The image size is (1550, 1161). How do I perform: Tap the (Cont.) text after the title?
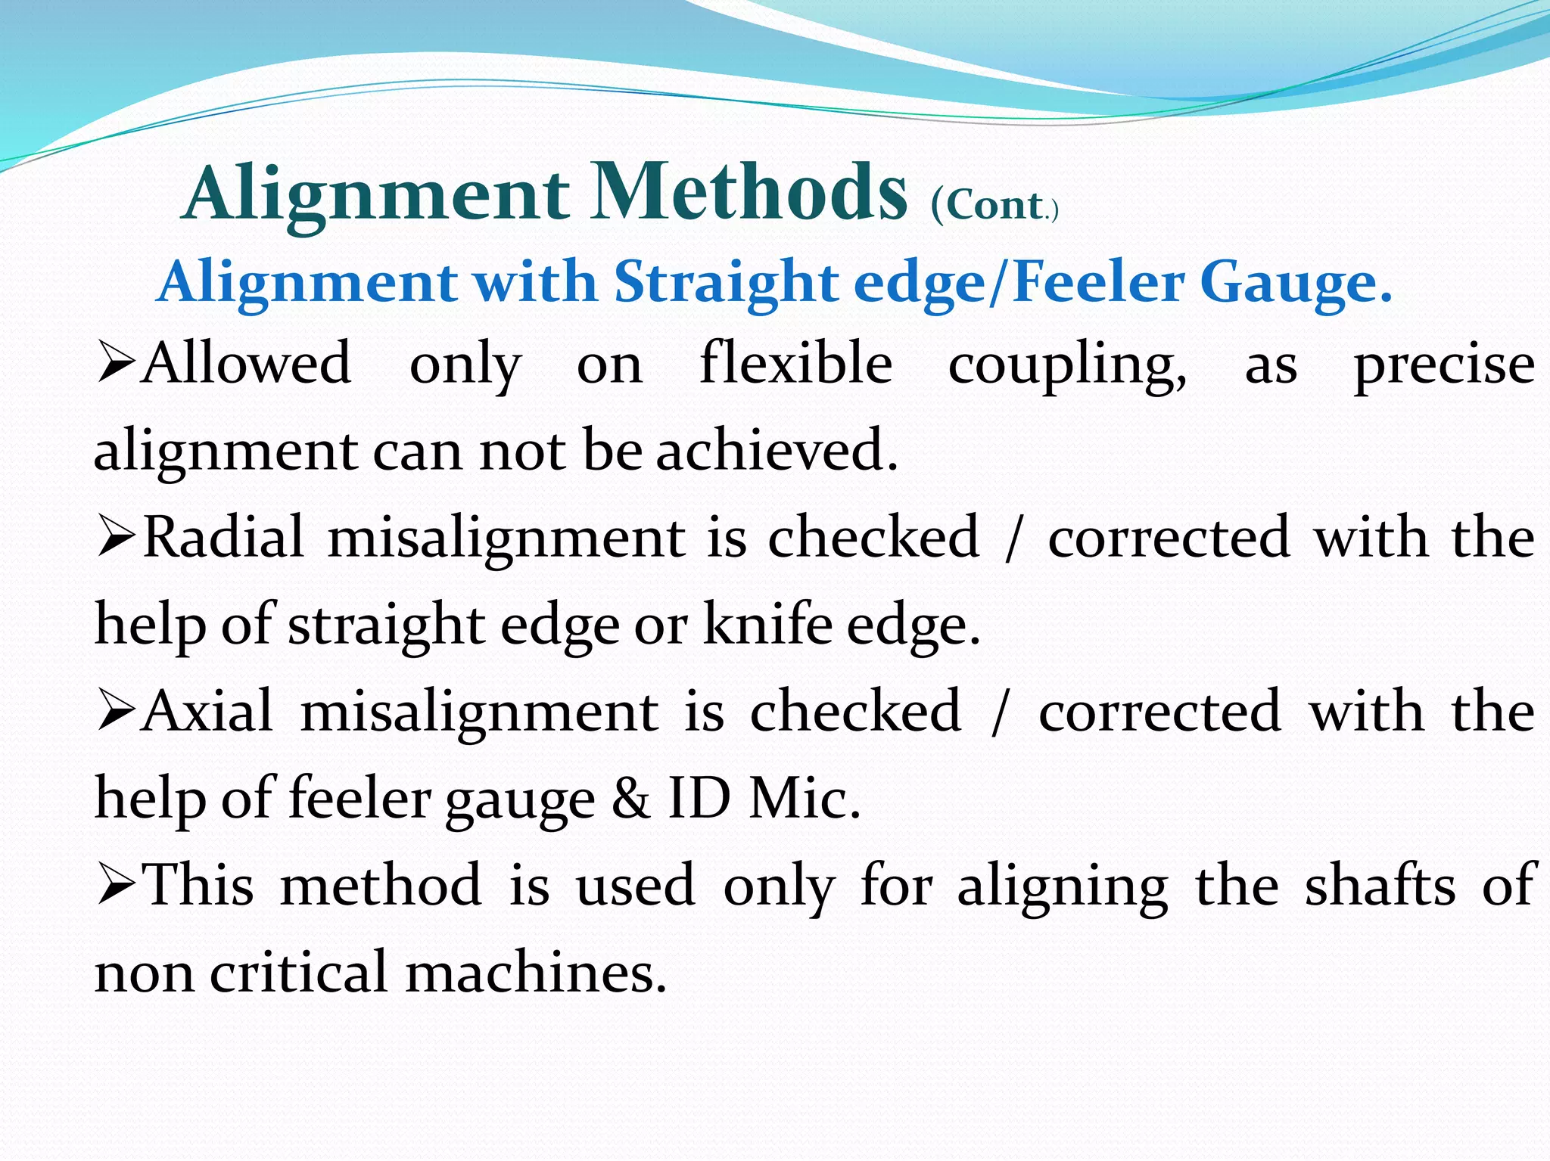pyautogui.click(x=994, y=206)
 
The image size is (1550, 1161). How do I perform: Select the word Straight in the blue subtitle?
pyautogui.click(x=725, y=282)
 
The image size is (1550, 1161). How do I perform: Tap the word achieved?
pyautogui.click(x=777, y=451)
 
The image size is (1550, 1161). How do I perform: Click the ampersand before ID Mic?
pyautogui.click(x=631, y=799)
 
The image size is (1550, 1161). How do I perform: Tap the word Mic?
pyautogui.click(x=804, y=799)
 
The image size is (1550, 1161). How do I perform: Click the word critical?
pyautogui.click(x=298, y=973)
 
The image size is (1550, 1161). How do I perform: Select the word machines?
pyautogui.click(x=536, y=973)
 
